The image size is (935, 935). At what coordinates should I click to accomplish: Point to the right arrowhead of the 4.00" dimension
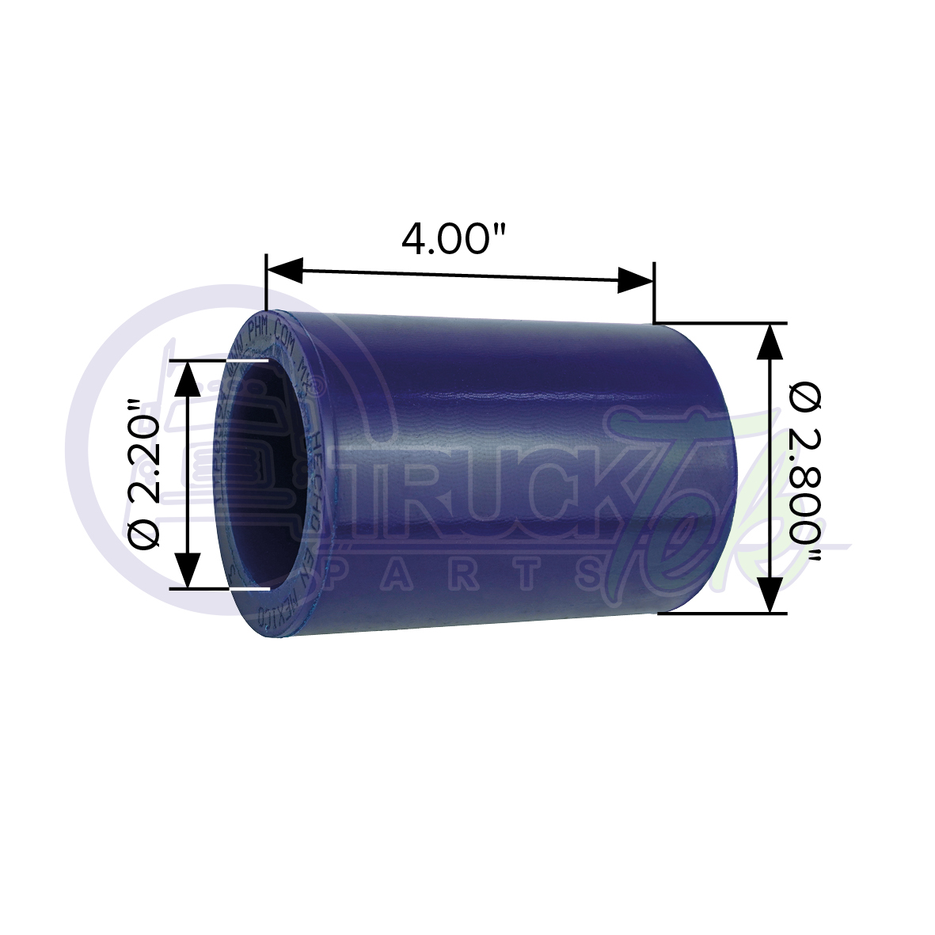(x=635, y=279)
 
